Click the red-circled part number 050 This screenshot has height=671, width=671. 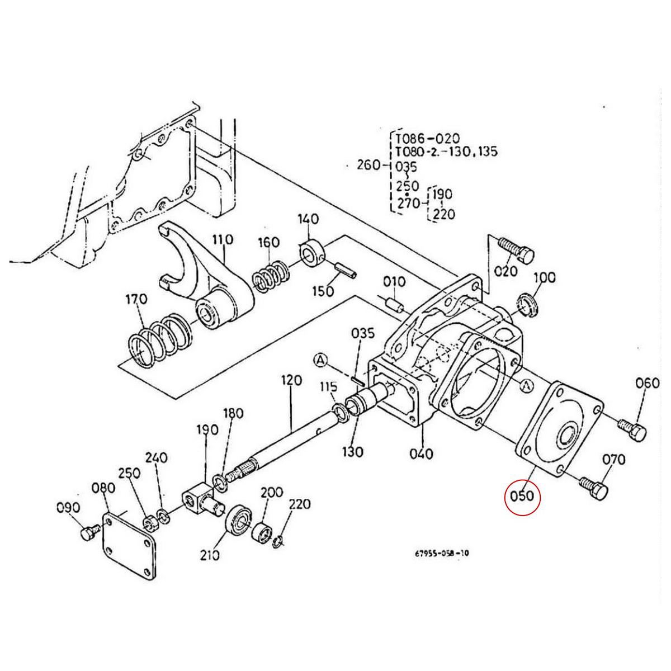pos(522,496)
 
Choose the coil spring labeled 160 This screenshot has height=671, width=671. pos(271,277)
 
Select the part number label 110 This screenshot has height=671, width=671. pos(222,240)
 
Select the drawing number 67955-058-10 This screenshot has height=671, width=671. pos(442,553)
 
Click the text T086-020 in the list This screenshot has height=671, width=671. pos(427,139)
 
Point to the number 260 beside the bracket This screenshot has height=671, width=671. pos(368,165)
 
